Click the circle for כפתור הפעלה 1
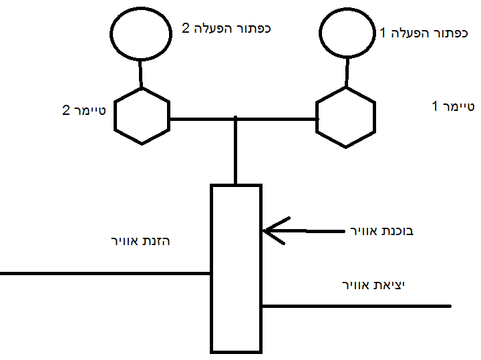pos(347,33)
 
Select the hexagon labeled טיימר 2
pos(141,116)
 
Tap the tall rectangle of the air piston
pos(236,267)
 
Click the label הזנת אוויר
pos(141,240)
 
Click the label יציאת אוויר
pos(374,285)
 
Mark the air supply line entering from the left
pos(100,273)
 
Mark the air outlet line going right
pos(354,306)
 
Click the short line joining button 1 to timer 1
pos(347,71)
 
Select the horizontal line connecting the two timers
pos(200,119)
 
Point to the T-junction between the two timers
pos(236,120)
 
